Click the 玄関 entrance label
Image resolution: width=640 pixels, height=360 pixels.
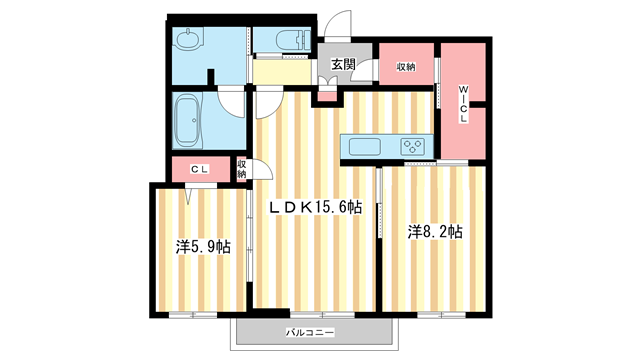344,65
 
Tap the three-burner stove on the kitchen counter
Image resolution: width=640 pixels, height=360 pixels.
413,147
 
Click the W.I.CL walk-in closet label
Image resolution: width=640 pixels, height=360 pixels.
463,104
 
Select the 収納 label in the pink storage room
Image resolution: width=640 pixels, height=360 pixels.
405,67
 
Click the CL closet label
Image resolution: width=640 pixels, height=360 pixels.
199,170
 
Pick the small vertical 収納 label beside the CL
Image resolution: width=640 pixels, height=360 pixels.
242,170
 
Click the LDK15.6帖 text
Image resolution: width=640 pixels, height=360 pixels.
313,208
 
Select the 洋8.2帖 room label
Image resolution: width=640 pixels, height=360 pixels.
433,231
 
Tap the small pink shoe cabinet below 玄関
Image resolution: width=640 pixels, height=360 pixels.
325,96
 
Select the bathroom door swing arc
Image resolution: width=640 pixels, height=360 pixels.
232,102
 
